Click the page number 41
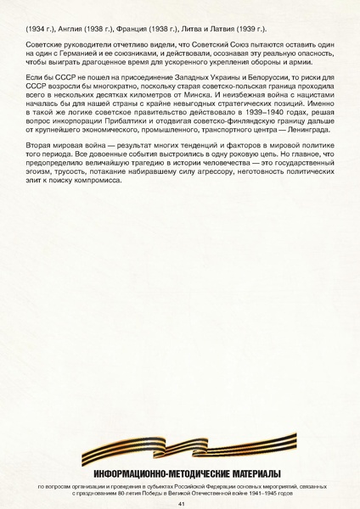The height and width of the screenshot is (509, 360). click(x=180, y=503)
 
